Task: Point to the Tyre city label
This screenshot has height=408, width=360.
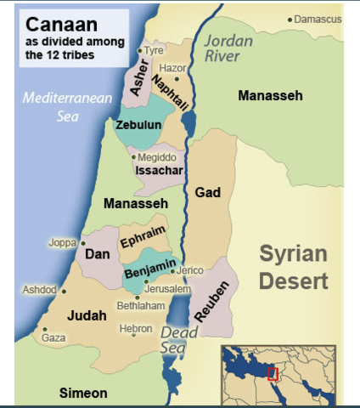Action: (x=154, y=50)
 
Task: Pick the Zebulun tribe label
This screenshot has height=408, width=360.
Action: (x=138, y=124)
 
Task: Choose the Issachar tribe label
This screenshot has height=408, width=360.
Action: (x=159, y=171)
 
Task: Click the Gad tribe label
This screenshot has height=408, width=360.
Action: (x=207, y=193)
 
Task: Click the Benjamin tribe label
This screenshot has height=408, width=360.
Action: (x=149, y=271)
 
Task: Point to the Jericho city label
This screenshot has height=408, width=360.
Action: (x=190, y=270)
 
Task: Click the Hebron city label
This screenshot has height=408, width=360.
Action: (x=137, y=328)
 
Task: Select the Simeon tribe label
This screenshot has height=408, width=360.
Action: (x=83, y=393)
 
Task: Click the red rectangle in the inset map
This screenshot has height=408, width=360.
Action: (x=273, y=374)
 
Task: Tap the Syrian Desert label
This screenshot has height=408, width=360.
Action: (x=293, y=267)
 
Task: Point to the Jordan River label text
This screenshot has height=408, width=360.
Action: (x=233, y=48)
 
